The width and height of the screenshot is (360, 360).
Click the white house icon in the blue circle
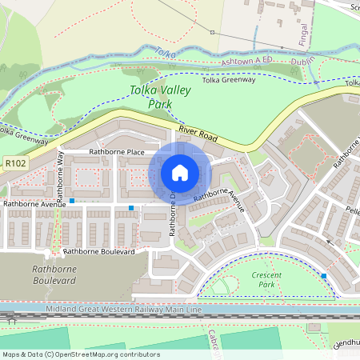tap(180, 173)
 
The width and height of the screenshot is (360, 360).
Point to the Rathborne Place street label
tap(117, 152)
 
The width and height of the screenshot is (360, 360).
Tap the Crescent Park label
tap(266, 279)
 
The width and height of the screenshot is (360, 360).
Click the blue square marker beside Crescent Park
tap(324, 275)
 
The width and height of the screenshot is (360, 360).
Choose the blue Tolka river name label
tap(166, 54)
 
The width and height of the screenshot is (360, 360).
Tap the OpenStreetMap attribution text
tap(81, 354)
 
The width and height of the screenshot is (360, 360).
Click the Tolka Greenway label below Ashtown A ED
tap(229, 80)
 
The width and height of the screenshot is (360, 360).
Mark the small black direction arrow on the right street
tap(327, 239)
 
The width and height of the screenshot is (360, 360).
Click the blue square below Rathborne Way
tap(72, 200)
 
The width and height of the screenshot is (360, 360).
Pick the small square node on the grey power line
tap(212, 33)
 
